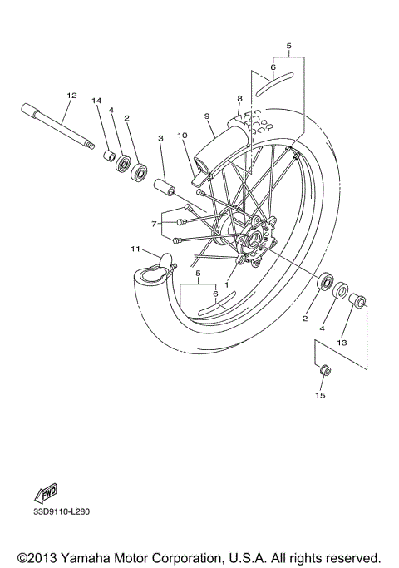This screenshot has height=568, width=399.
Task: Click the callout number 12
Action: pyautogui.click(x=71, y=96)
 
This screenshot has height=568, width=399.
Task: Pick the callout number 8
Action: pyautogui.click(x=239, y=98)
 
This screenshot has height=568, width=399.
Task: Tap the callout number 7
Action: pyautogui.click(x=154, y=224)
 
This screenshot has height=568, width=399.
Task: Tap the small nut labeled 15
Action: pyautogui.click(x=324, y=371)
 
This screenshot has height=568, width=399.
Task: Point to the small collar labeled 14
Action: pyautogui.click(x=106, y=156)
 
